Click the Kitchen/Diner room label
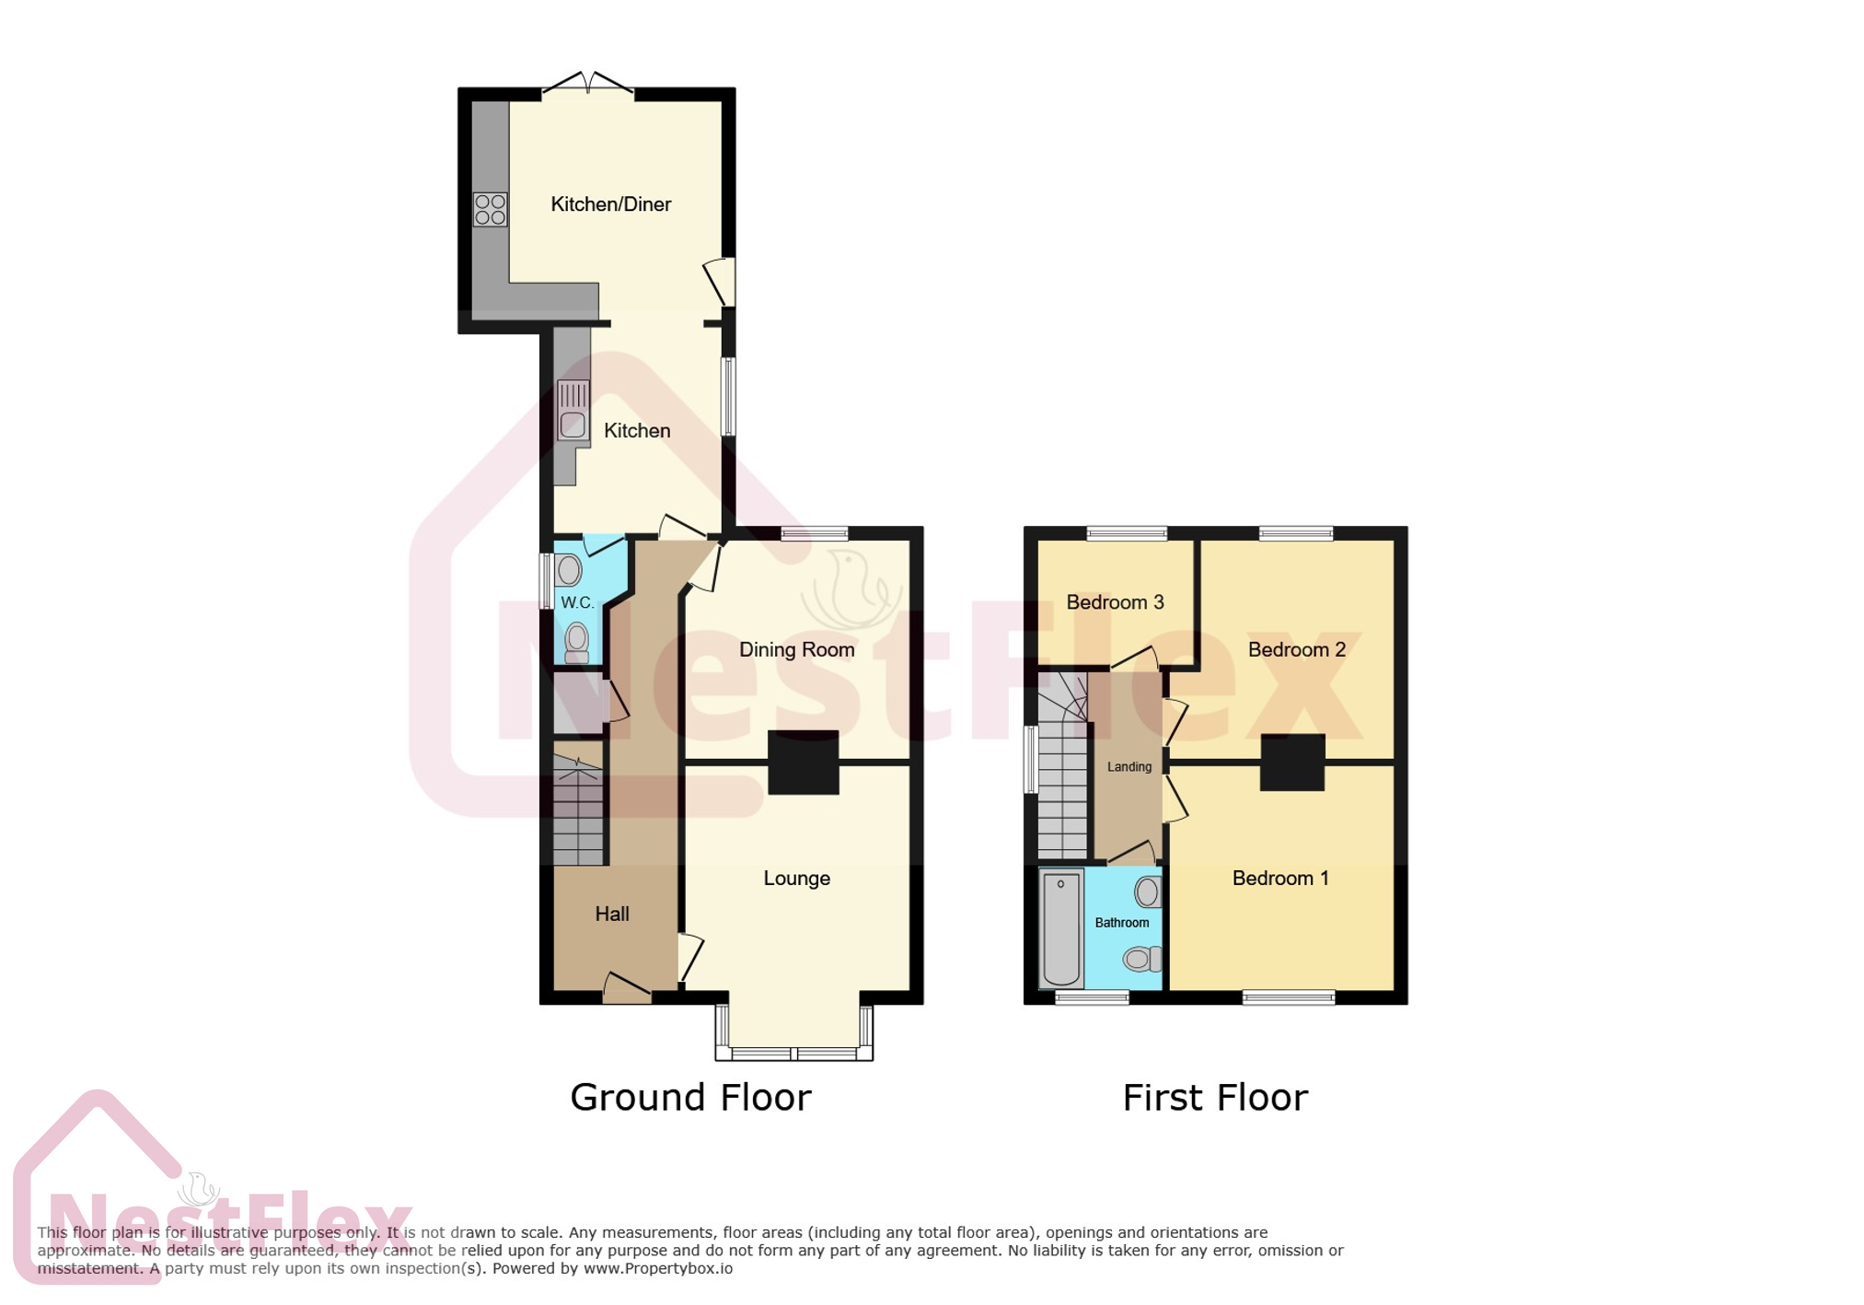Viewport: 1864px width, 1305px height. point(610,204)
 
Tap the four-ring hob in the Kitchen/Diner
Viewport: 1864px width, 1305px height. point(490,209)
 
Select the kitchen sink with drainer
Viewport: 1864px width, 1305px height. point(573,411)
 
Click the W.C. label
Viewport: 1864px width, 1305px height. point(577,603)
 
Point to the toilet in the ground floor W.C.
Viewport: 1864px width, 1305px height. point(577,642)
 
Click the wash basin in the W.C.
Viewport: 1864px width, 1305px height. point(569,571)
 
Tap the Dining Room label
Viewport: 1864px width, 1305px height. point(796,650)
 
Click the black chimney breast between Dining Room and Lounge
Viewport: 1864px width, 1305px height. point(803,763)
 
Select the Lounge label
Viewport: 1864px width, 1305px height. point(796,879)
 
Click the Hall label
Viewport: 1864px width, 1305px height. point(612,915)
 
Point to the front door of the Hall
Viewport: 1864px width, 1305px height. point(627,990)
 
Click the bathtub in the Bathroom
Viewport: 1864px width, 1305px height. point(1061,927)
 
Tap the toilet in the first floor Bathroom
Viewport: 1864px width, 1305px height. point(1142,960)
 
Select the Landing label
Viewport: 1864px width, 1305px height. point(1129,767)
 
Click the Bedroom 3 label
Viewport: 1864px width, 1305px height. point(1115,602)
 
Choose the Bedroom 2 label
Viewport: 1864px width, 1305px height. point(1296,650)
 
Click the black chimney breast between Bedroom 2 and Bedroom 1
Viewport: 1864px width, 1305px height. point(1291,763)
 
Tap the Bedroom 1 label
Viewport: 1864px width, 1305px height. point(1280,879)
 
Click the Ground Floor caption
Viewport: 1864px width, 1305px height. point(690,1098)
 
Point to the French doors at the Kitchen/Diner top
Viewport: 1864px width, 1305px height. point(587,86)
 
